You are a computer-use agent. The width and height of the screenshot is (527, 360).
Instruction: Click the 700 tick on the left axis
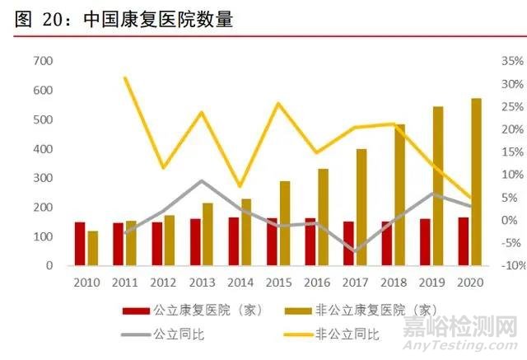43,61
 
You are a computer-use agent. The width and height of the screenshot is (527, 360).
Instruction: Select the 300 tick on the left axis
43,178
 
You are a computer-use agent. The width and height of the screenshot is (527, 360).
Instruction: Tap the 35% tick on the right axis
511,61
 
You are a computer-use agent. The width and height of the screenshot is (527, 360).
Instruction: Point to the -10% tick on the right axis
511,265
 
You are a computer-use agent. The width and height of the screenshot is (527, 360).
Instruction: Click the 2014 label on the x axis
240,283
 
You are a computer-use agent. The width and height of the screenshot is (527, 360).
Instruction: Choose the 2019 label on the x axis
431,283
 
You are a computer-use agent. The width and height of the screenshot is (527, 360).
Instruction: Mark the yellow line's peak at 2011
124,77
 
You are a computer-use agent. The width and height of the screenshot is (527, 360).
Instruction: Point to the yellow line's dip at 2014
240,187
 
